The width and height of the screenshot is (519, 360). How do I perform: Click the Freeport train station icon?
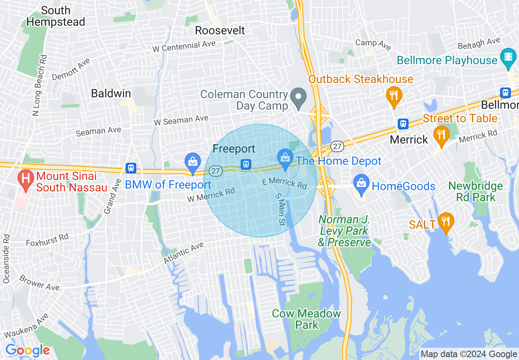[246, 164]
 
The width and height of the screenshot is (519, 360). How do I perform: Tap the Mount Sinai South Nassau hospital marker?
[26, 180]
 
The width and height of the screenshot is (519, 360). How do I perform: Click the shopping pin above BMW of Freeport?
[192, 162]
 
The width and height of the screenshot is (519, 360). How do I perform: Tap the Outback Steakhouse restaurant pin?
[394, 97]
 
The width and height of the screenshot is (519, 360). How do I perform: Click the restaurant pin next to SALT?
[446, 222]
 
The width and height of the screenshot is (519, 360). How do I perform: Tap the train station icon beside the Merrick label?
[403, 124]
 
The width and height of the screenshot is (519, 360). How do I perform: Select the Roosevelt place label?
[220, 30]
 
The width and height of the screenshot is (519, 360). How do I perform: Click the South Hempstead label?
[56, 16]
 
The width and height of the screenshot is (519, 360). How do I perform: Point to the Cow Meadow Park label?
[307, 319]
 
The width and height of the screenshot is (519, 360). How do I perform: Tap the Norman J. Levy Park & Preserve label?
[345, 231]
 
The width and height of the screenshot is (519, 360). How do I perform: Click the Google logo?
[27, 350]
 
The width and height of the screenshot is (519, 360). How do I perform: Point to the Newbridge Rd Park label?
[476, 191]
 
